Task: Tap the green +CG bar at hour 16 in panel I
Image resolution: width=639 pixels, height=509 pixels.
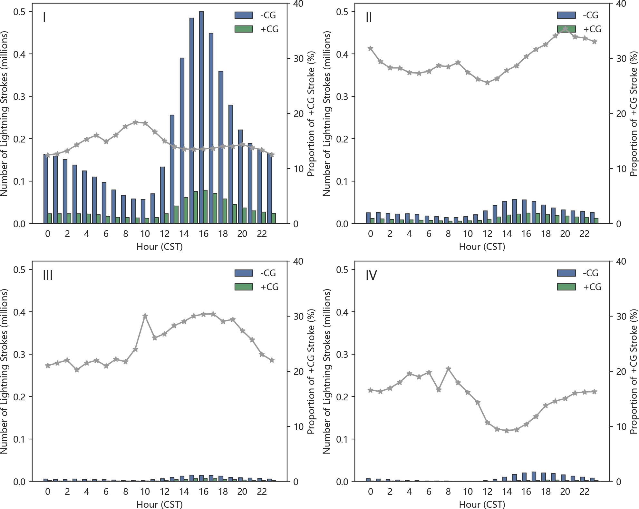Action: pyautogui.click(x=205, y=207)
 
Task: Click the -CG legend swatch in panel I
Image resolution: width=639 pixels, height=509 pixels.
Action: pyautogui.click(x=244, y=15)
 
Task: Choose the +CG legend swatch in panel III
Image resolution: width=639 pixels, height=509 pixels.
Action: pyautogui.click(x=244, y=287)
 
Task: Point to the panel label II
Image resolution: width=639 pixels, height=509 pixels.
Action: pyautogui.click(x=369, y=17)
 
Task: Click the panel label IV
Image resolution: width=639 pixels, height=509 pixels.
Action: pyautogui.click(x=371, y=275)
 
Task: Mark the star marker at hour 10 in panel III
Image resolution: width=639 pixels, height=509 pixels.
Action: pyautogui.click(x=145, y=316)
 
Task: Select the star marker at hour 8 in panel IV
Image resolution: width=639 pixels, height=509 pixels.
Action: pyautogui.click(x=448, y=369)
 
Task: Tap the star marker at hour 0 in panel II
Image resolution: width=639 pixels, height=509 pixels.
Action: pyautogui.click(x=371, y=48)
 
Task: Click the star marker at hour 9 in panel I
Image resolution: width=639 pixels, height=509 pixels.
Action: pyautogui.click(x=135, y=122)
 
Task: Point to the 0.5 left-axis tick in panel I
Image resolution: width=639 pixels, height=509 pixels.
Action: pyautogui.click(x=19, y=12)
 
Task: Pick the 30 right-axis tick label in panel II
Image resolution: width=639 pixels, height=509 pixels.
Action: pyautogui.click(x=621, y=59)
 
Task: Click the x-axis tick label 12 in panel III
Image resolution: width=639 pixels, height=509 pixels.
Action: pyautogui.click(x=164, y=492)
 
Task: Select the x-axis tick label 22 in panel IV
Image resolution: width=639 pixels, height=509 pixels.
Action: pyautogui.click(x=584, y=492)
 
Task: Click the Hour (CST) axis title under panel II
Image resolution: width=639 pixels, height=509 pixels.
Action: pyautogui.click(x=482, y=247)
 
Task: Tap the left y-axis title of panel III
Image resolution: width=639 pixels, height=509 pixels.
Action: pyautogui.click(x=4, y=371)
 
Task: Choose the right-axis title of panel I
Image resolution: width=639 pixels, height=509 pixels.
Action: pyautogui.click(x=311, y=113)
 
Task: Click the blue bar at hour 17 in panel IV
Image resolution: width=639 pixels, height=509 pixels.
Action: pyautogui.click(x=534, y=476)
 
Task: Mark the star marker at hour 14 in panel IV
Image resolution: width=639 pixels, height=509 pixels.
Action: pyautogui.click(x=507, y=431)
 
